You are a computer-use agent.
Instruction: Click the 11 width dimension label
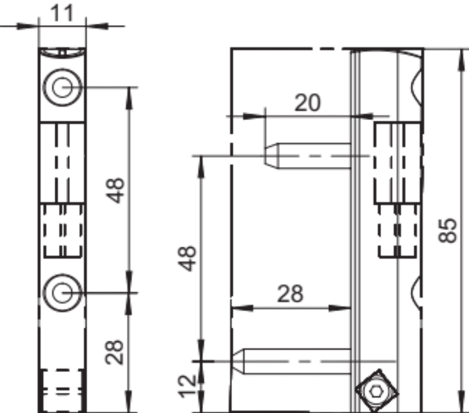tap(62, 13)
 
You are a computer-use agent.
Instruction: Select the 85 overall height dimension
tap(448, 230)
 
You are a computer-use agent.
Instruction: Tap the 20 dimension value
tap(308, 103)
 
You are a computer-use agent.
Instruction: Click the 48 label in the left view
tap(116, 190)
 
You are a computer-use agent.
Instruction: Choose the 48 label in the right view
tap(187, 259)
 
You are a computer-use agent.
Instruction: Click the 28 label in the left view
tap(115, 352)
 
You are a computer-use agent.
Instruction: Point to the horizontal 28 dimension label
tap(290, 294)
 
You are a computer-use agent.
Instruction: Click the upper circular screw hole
tap(62, 87)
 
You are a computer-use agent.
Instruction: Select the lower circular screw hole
tap(62, 292)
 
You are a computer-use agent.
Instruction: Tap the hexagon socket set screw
tap(376, 391)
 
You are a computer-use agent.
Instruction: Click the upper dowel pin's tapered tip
tap(271, 156)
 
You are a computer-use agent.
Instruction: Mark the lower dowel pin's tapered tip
tap(238, 361)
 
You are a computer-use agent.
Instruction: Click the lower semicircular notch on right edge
tap(417, 292)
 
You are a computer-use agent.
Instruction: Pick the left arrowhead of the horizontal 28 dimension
tap(242, 308)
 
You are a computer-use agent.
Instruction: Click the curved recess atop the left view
tap(62, 54)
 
